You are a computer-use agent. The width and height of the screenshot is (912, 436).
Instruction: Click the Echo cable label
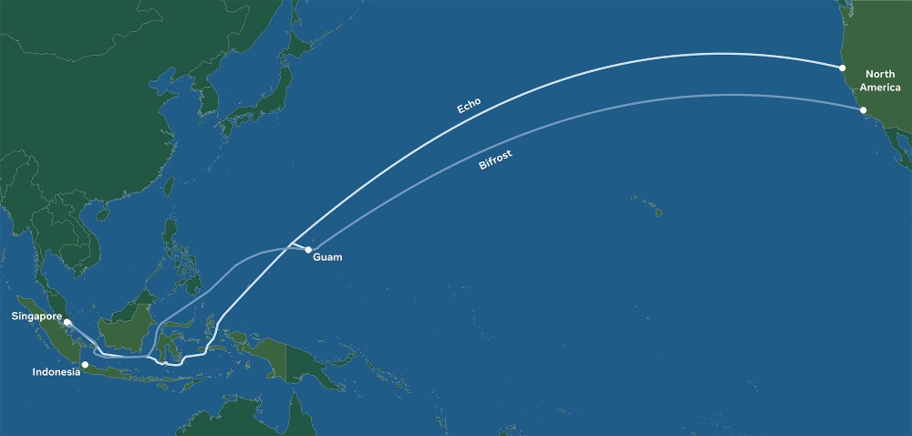[469, 104]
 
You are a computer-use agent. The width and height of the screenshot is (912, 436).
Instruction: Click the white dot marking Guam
[309, 249]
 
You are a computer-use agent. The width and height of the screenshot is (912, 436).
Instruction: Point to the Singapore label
[36, 317]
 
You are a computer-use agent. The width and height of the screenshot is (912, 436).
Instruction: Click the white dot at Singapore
[67, 322]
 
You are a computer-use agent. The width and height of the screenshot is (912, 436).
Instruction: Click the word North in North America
[881, 74]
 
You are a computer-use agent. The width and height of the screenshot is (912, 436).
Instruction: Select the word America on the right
[881, 88]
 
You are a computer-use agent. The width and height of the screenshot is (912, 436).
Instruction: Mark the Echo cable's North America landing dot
[843, 67]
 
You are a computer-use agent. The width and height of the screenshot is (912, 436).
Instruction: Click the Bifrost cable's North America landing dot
[863, 110]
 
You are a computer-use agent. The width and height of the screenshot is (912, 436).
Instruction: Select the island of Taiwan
[169, 188]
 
